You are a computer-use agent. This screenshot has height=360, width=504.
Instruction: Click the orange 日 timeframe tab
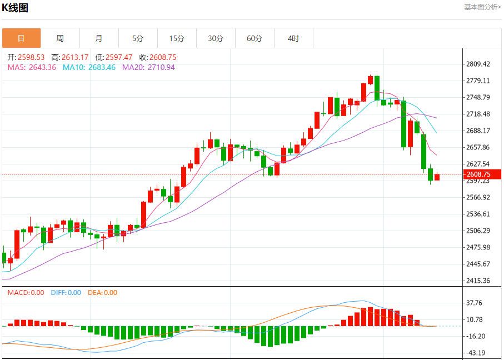pyautogui.click(x=21, y=38)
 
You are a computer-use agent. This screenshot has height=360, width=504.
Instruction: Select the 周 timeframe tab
pyautogui.click(x=60, y=38)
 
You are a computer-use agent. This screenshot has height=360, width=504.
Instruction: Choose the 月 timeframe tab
pyautogui.click(x=99, y=38)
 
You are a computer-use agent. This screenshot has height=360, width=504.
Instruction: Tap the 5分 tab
pyautogui.click(x=138, y=38)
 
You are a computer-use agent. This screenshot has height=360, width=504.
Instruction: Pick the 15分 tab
pyautogui.click(x=177, y=38)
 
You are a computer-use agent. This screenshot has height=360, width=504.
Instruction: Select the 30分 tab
pyautogui.click(x=216, y=38)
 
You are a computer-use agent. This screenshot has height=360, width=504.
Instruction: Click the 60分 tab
pyautogui.click(x=255, y=38)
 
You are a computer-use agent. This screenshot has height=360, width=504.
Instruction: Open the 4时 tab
pyautogui.click(x=293, y=38)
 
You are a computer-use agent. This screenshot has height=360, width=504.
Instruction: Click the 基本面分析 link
pyautogui.click(x=482, y=7)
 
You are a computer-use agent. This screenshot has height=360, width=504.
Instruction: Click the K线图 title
pyautogui.click(x=16, y=8)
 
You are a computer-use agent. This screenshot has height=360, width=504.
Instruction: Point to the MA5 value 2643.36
pyautogui.click(x=31, y=67)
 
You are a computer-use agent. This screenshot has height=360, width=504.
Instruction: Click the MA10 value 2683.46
pyautogui.click(x=89, y=67)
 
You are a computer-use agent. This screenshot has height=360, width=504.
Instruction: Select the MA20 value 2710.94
pyautogui.click(x=148, y=67)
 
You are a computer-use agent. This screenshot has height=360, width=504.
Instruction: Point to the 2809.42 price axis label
pyautogui.click(x=478, y=64)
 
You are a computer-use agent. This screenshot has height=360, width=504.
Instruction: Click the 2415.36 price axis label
pyautogui.click(x=478, y=281)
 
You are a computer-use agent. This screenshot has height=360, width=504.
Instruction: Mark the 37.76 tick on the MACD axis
pyautogui.click(x=475, y=303)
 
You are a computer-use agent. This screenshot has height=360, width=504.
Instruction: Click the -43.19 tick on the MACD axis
pyautogui.click(x=475, y=353)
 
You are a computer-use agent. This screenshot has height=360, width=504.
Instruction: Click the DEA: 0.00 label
pyautogui.click(x=103, y=293)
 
